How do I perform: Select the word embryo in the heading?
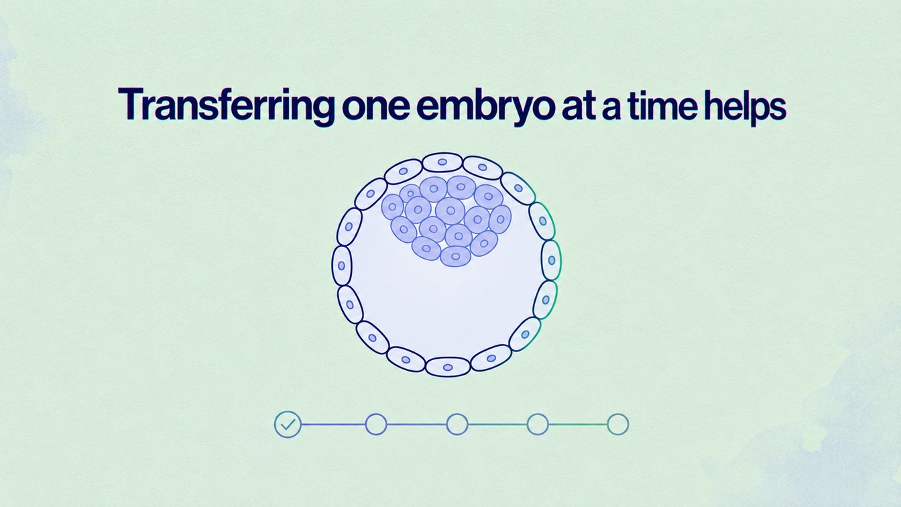[x=483, y=106]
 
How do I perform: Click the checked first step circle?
[x=288, y=424]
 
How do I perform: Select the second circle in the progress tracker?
[x=376, y=424]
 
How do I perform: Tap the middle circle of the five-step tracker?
[x=457, y=424]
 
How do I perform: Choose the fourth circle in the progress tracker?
[x=538, y=424]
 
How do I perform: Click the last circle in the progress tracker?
[x=618, y=424]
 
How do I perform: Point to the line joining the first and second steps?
[x=333, y=424]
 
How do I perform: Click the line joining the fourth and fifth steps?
[x=578, y=424]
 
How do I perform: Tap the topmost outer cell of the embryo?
[x=442, y=162]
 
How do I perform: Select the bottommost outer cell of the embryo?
[x=448, y=367]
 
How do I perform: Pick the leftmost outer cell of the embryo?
[x=341, y=266]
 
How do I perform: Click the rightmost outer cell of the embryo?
[x=552, y=260]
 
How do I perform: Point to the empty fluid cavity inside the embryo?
[x=446, y=310]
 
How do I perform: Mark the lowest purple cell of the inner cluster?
[x=455, y=256]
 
